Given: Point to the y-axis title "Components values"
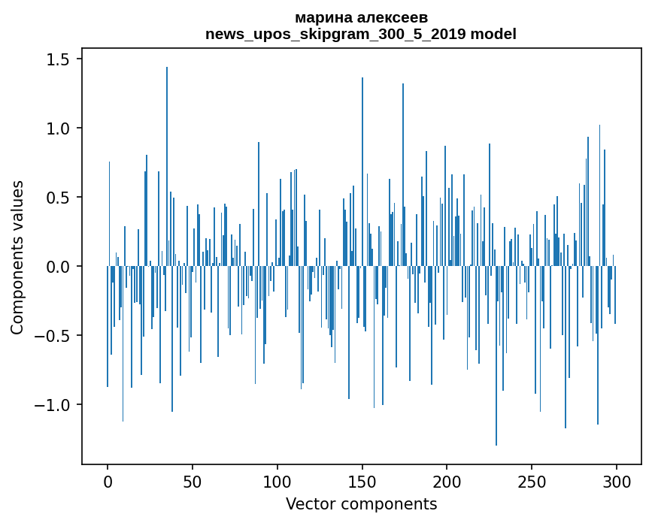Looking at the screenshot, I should tap(17, 257).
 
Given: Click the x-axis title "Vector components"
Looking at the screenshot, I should tap(361, 503).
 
